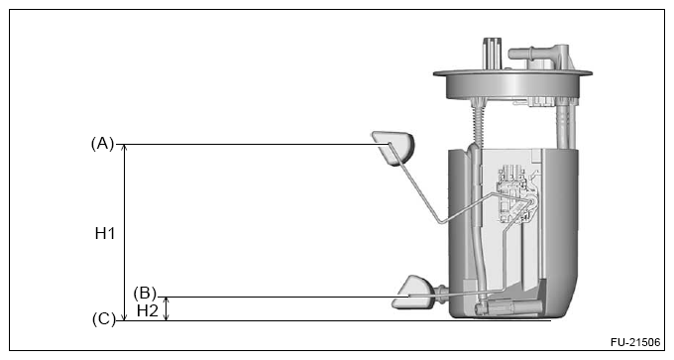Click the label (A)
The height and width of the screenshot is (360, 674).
pos(102,143)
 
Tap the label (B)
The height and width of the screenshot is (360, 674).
pos(145,294)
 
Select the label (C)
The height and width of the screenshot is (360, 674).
pos(104,319)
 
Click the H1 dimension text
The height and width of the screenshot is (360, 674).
pos(105,233)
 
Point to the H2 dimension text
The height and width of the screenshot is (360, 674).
pos(148,310)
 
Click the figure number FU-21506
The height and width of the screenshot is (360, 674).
pos(635,342)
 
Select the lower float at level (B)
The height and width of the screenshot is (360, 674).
pos(411,293)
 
